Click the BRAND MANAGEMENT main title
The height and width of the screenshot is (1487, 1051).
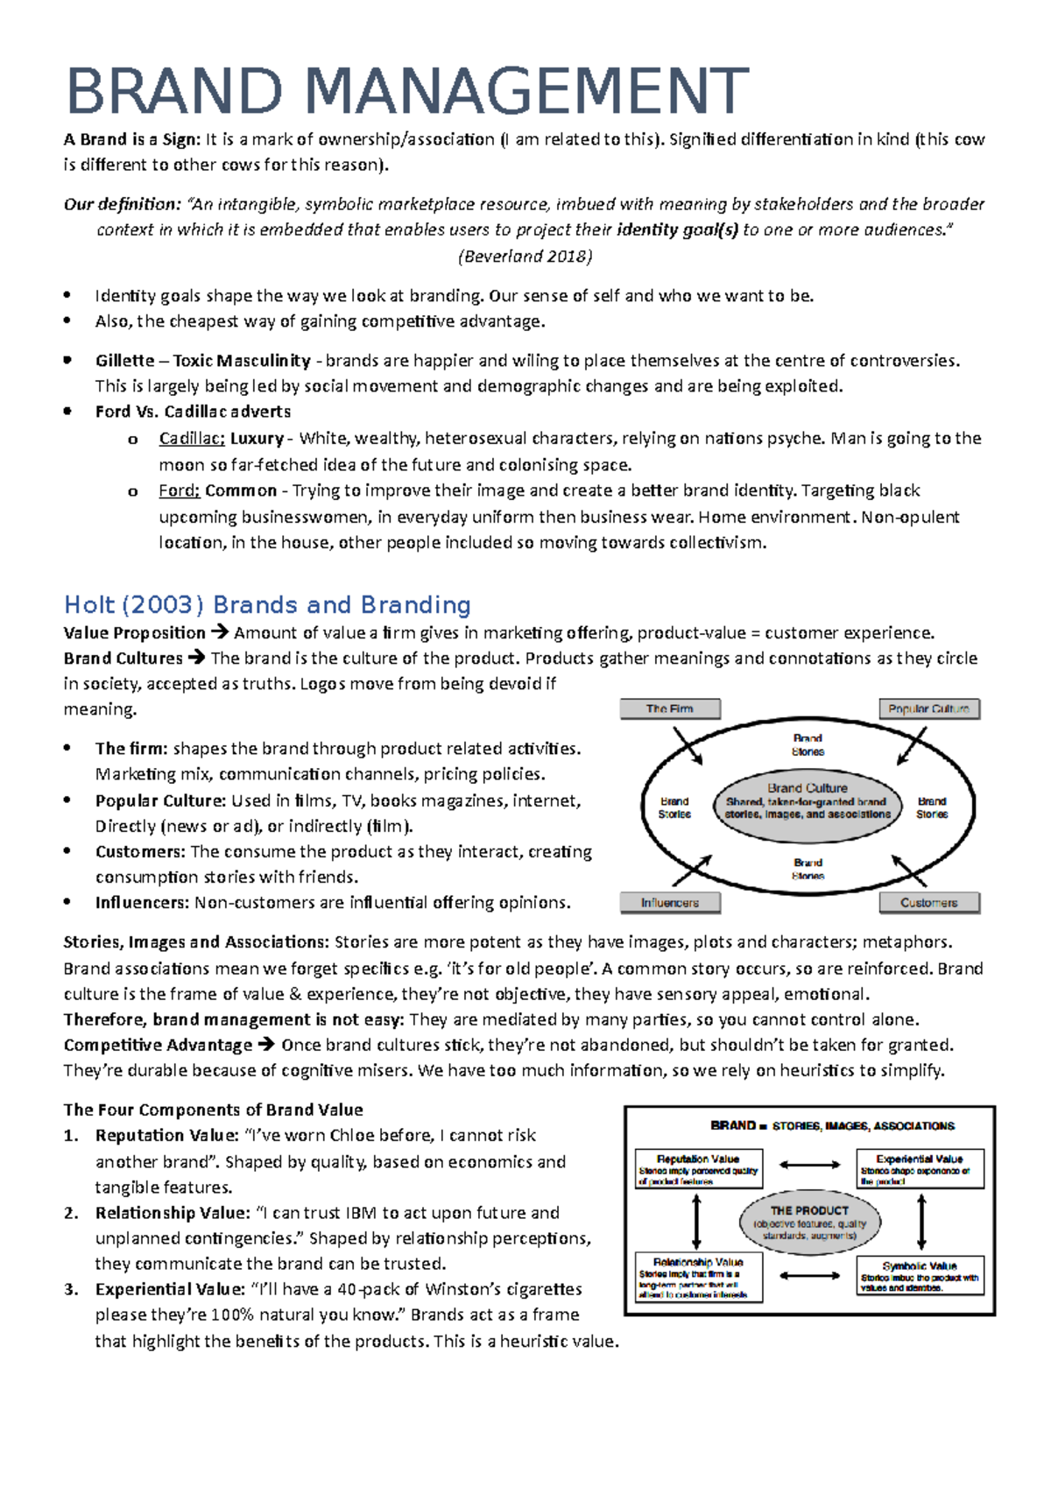[x=406, y=92]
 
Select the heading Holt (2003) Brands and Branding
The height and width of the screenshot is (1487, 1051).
[x=267, y=605]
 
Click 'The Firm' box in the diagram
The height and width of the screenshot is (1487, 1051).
[x=670, y=708]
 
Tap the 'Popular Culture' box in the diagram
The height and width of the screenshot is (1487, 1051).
[x=928, y=708]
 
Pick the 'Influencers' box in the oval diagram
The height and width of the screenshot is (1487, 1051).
[x=670, y=902]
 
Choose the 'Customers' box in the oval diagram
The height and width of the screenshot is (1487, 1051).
[x=928, y=902]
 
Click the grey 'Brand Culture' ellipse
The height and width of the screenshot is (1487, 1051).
[x=808, y=800]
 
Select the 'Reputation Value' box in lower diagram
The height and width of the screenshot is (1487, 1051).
[x=698, y=1169]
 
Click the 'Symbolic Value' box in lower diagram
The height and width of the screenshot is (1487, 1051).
[x=920, y=1276]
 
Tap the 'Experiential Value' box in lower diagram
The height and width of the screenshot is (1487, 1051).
[x=920, y=1169]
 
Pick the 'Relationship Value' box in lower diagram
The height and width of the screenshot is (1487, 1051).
[x=698, y=1277]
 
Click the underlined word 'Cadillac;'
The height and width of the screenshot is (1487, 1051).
[x=192, y=439]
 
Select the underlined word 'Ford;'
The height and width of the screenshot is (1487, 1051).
[x=179, y=490]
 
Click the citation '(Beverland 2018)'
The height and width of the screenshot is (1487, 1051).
[x=525, y=257]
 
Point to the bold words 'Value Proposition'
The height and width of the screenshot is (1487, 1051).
[x=134, y=633]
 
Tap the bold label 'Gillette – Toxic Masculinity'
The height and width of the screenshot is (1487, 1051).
[x=202, y=361]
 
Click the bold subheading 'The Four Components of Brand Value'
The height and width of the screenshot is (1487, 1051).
[x=213, y=1110]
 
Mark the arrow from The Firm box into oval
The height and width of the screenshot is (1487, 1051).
[x=688, y=745]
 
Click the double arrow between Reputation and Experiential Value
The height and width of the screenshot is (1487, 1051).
[x=809, y=1165]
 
